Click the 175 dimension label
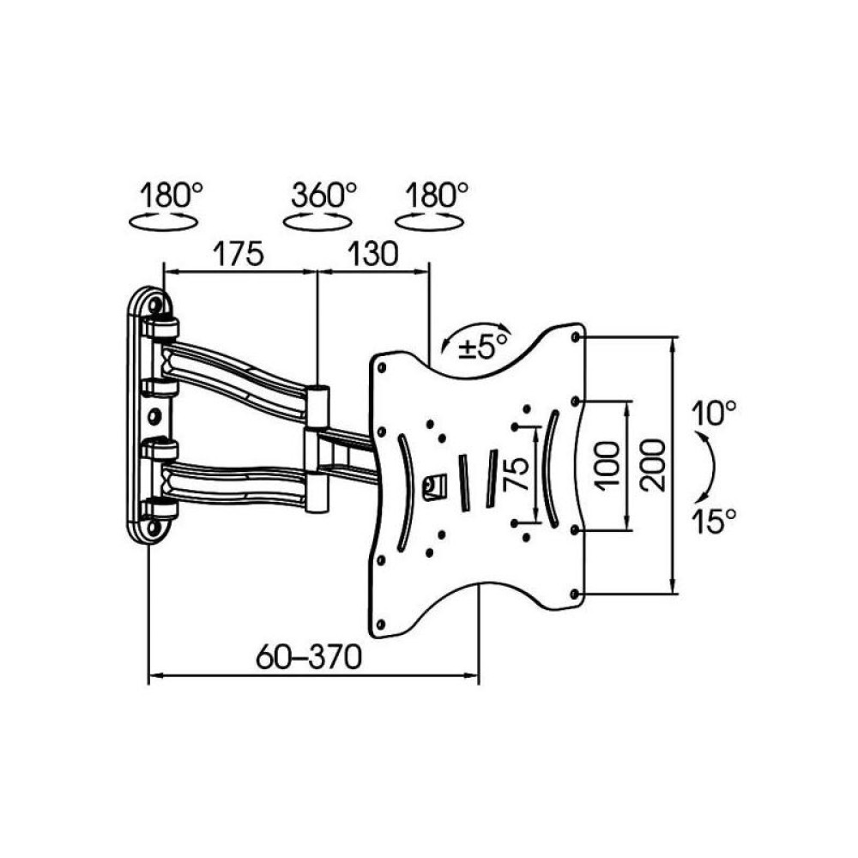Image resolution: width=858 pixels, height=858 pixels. pos(239,253)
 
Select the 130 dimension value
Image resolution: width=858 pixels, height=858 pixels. pos(372,253)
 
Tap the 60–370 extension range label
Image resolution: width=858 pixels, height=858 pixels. pos(309,656)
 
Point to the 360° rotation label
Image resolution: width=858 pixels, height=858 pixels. pos(323,194)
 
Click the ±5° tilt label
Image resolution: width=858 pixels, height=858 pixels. pos(484,347)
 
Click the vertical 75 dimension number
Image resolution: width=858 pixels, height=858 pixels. pos(516,474)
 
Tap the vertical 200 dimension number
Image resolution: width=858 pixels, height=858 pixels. pos(655,465)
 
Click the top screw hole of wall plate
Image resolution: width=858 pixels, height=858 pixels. pos(154,305)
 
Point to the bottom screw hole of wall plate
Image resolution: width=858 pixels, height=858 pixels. pos(154,528)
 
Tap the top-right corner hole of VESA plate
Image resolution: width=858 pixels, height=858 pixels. pos(575,337)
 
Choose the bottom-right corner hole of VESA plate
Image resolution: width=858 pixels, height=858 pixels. pos(574,594)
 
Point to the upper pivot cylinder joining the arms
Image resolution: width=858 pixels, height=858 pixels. pos(317,407)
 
